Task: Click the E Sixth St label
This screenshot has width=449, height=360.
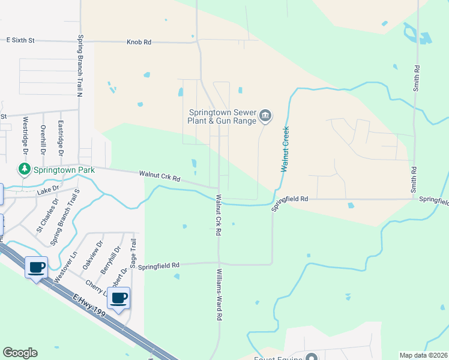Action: (x=20, y=40)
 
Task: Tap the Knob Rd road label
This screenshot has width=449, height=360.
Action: (x=139, y=43)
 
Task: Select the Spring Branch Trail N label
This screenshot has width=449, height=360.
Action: (x=79, y=65)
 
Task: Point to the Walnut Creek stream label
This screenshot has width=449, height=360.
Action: (x=286, y=149)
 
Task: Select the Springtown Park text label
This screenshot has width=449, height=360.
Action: (x=64, y=170)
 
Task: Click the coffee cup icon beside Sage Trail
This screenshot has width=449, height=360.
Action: (x=119, y=298)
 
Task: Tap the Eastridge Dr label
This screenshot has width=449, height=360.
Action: (x=61, y=134)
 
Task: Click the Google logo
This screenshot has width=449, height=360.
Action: (x=20, y=353)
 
